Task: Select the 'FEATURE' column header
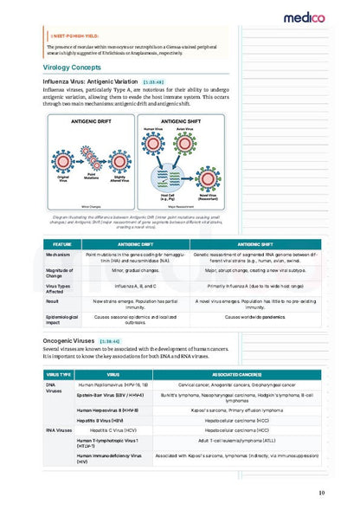[x=62, y=244]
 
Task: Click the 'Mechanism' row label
[x=58, y=255]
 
